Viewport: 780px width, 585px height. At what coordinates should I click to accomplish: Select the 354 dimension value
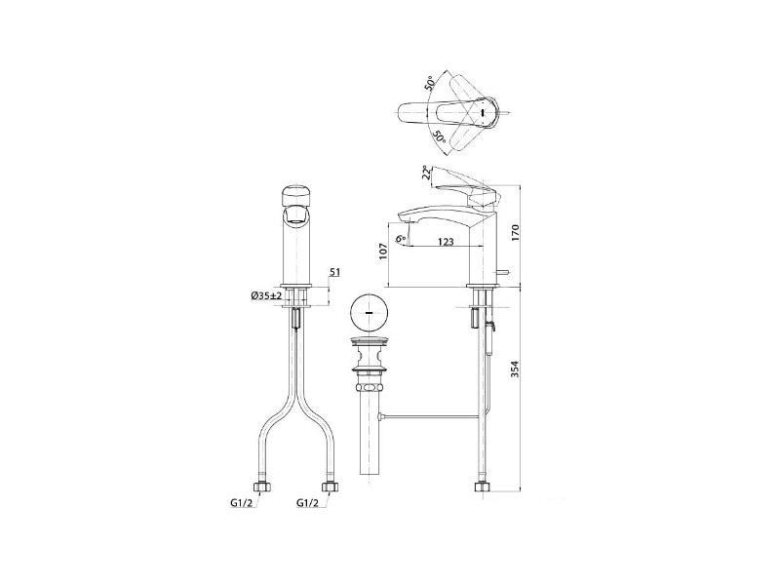coord(515,369)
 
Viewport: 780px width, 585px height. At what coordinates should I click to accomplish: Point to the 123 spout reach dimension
coord(446,242)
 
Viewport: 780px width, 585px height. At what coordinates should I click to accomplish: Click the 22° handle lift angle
coord(426,173)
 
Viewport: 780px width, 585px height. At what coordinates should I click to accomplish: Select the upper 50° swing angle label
coord(430,83)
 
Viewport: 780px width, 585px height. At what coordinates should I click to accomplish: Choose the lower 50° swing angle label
coord(439,136)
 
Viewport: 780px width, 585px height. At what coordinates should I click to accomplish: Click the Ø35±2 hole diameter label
coord(266,295)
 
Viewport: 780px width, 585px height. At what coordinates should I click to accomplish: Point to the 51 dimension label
coord(334,272)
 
